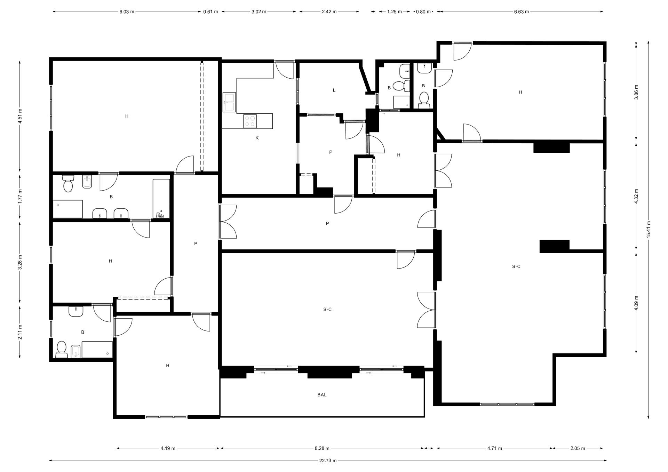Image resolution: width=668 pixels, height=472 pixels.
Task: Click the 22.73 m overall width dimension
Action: [x=328, y=461]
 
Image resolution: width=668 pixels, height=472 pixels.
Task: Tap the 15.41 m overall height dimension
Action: [x=649, y=230]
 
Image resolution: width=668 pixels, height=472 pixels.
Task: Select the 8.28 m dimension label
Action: [x=322, y=448]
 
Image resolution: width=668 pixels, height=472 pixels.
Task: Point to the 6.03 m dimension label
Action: [x=127, y=11]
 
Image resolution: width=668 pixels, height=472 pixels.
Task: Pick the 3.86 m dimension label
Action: [x=636, y=92]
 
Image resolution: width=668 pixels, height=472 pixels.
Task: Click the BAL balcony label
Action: [x=322, y=395]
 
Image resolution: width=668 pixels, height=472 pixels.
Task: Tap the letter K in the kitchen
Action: [x=257, y=138]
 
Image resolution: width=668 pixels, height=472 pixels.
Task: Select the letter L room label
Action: [x=334, y=90]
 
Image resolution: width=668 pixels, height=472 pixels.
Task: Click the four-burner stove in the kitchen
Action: [x=250, y=121]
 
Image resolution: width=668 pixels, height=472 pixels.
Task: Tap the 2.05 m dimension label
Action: [x=578, y=448]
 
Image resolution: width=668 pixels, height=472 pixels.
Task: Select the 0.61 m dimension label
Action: [x=210, y=11]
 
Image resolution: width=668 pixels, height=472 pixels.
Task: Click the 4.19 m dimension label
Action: [x=168, y=448]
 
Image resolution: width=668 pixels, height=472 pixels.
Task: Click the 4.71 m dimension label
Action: [x=494, y=448]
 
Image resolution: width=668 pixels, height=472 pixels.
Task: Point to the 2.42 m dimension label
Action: [x=329, y=11]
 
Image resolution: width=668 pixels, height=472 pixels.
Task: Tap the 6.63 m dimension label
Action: [x=521, y=11]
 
